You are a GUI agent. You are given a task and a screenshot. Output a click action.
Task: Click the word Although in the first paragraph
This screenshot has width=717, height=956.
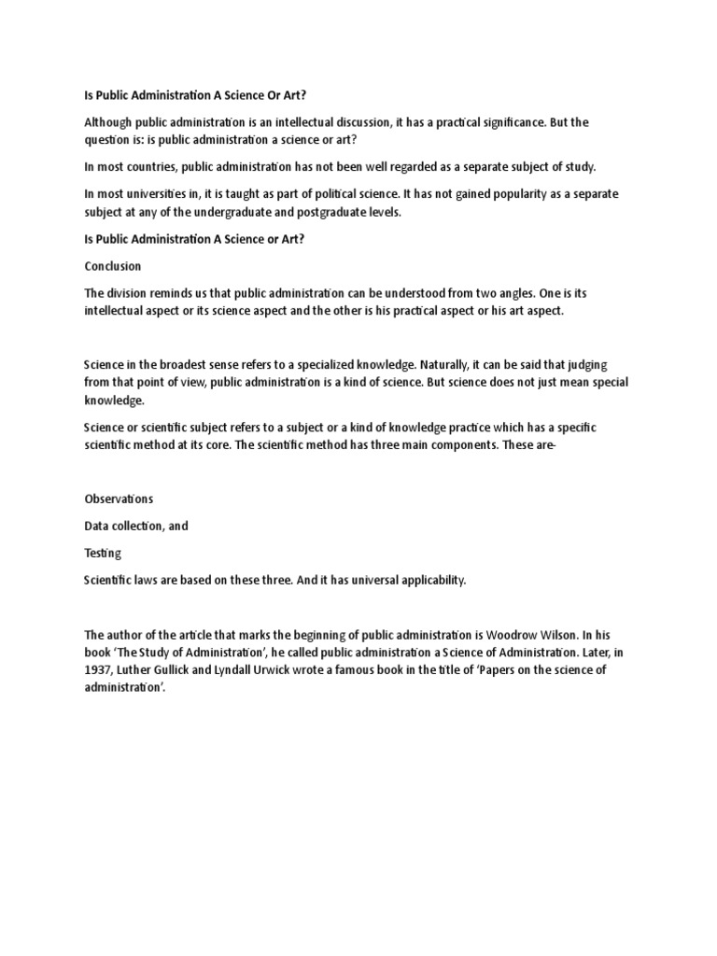109,123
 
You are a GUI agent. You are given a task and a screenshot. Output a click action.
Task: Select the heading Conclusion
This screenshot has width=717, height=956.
113,266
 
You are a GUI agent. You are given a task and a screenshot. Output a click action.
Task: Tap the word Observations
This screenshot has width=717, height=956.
119,499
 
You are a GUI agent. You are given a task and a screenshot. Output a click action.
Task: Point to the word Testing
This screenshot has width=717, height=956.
103,553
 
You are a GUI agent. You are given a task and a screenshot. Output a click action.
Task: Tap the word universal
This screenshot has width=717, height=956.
372,581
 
